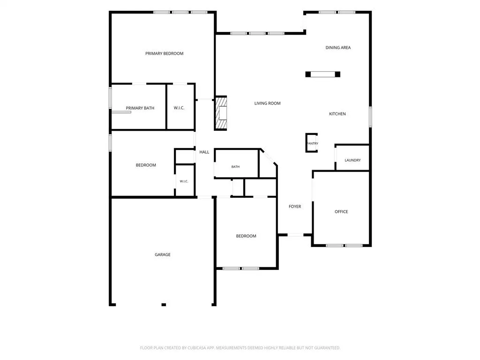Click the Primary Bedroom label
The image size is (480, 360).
[165, 53]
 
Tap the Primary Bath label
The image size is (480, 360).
[140, 108]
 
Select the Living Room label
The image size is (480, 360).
[267, 104]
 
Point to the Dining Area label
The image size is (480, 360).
[338, 48]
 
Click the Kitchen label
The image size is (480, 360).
[337, 114]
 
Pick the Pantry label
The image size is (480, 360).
[313, 143]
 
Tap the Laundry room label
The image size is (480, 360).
[352, 160]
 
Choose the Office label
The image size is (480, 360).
[341, 212]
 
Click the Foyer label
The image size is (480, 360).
[295, 207]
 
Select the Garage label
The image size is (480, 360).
[163, 255]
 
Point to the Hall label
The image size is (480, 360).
[204, 152]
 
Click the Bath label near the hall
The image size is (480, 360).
[235, 167]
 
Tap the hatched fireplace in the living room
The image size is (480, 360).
[221, 113]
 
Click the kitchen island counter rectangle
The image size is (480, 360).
[322, 74]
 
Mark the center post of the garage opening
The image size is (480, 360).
[164, 305]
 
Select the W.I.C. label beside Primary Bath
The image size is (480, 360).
[179, 108]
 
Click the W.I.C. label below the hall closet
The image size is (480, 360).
[184, 181]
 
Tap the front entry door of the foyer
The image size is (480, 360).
[295, 235]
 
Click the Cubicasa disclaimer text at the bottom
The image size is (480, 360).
[240, 348]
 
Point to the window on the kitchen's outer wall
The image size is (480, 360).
[370, 117]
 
